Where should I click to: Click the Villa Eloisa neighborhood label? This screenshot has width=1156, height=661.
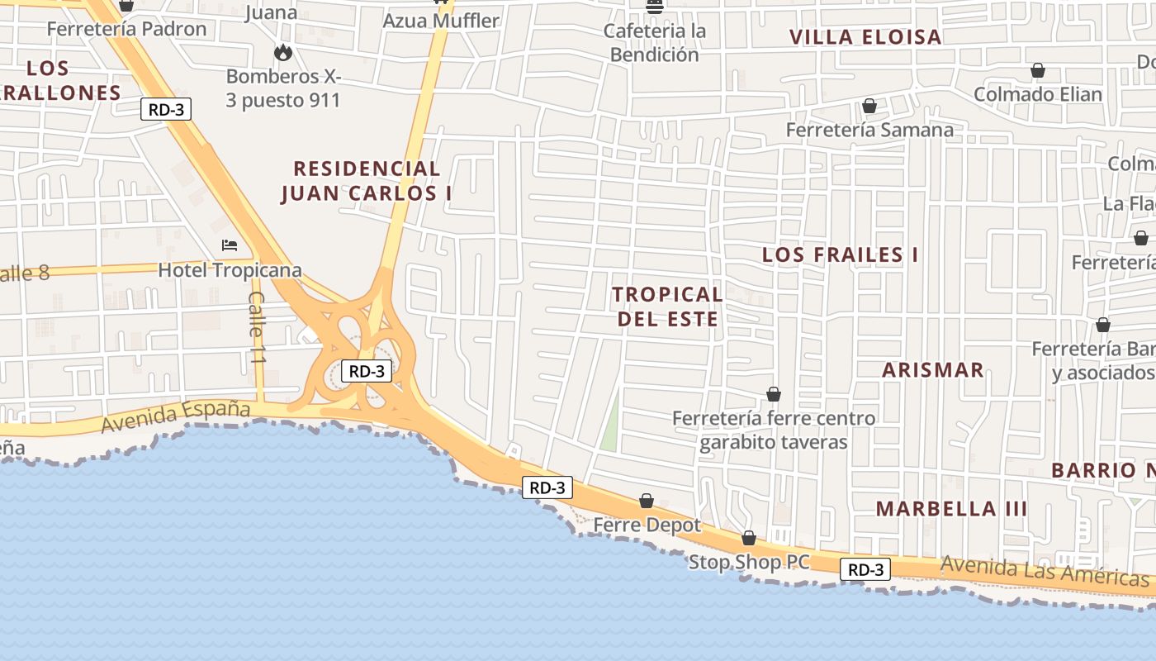pos(865,37)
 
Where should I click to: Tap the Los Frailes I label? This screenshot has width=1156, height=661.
pos(840,254)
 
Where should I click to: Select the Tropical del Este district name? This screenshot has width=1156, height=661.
pos(667,306)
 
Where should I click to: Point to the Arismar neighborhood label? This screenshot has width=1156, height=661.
pos(932,370)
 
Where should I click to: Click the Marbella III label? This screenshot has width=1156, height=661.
pos(951,508)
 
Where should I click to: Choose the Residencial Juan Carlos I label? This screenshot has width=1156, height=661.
pos(367,181)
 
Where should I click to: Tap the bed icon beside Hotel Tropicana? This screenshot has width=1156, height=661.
pos(230,245)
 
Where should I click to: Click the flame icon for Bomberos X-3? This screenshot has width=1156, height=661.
pos(283,53)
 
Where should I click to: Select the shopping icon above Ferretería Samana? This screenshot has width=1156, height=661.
pos(869,106)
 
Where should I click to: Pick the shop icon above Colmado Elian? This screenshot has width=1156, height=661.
pos(1037,70)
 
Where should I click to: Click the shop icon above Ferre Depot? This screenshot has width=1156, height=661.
pos(647,501)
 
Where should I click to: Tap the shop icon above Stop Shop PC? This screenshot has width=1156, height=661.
pos(748,538)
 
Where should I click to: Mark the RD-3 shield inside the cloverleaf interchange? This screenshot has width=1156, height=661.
pos(366,371)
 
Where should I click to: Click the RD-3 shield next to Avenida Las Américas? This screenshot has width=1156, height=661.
pos(865,569)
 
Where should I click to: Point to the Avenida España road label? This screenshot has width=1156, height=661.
pos(175,416)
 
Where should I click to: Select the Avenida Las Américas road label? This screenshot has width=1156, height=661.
pos(1044,571)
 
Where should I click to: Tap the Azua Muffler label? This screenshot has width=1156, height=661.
pos(441,21)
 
